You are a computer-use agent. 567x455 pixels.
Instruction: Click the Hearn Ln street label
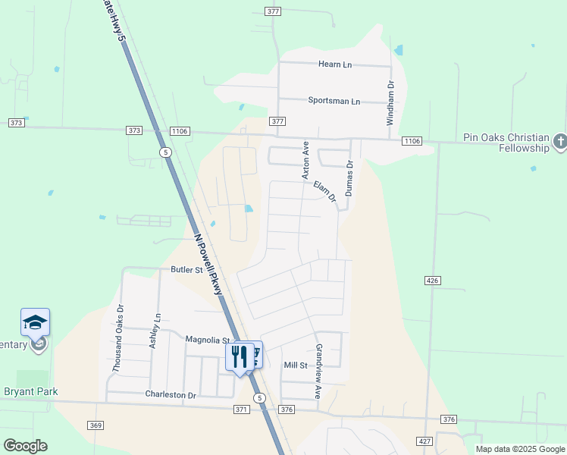(x=335, y=65)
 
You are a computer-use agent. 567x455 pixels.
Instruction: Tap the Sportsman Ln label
(x=334, y=101)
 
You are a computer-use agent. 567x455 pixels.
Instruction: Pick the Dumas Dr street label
(x=349, y=178)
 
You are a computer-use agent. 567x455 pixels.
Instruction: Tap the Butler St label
(x=187, y=269)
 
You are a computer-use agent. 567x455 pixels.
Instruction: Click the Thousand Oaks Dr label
(x=117, y=337)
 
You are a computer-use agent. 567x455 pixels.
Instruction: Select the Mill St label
(x=296, y=366)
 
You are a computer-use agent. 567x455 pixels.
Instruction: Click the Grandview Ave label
(x=319, y=372)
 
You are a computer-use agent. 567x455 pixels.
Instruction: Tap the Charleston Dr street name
(x=171, y=395)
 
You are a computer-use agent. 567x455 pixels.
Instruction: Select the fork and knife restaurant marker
(x=240, y=356)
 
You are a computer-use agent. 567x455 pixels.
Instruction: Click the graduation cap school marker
(x=35, y=323)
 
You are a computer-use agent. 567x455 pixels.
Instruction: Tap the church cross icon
(x=559, y=142)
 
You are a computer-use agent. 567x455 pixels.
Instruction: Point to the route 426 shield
(x=433, y=281)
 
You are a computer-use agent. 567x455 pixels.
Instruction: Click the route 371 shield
(x=241, y=409)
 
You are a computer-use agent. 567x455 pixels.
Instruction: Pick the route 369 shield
(x=96, y=425)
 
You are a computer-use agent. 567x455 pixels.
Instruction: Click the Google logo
(x=25, y=446)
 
